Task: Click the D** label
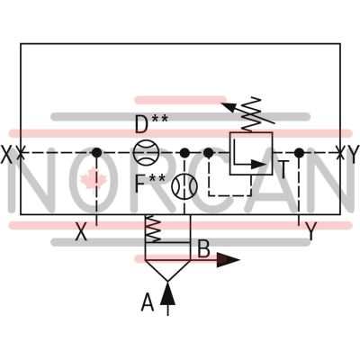pos(151,123)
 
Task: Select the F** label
pos(150,183)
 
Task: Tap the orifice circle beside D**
pos(146,153)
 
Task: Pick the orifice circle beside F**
pos(184,186)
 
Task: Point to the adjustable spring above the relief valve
pos(251,114)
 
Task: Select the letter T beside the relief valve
pos(283,169)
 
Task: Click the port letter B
pos(203,248)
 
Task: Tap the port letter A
pos(148,302)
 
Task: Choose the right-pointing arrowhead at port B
pos(229,260)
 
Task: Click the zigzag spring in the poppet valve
pos(153,229)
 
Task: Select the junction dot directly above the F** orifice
pos(184,153)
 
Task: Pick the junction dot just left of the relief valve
pos(208,153)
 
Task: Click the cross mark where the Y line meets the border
pos(340,153)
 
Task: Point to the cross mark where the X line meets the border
pos(21,153)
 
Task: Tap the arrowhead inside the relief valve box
pos(258,165)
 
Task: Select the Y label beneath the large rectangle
pos(311,231)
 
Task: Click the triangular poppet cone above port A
pos(167,271)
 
